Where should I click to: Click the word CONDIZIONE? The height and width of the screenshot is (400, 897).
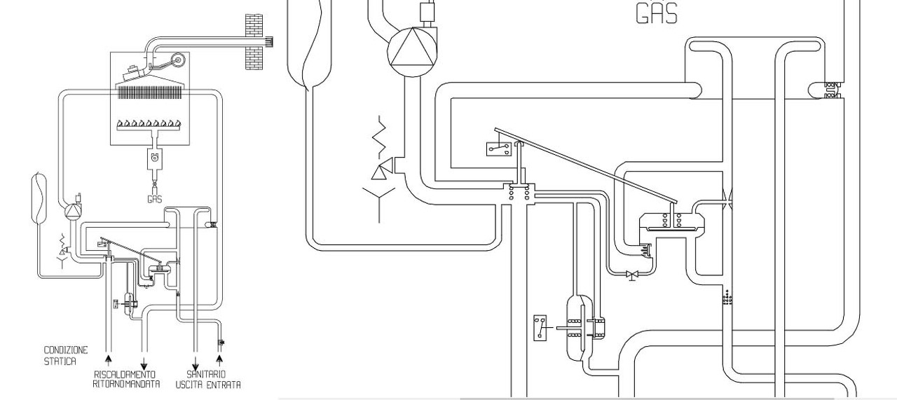pyautogui.click(x=66, y=350)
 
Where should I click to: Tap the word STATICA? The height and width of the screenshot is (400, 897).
pyautogui.click(x=60, y=361)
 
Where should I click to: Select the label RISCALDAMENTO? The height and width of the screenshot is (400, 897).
pyautogui.click(x=125, y=375)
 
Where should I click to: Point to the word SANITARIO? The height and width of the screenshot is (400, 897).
pyautogui.click(x=206, y=374)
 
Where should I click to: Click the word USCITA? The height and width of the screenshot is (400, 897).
pyautogui.click(x=189, y=385)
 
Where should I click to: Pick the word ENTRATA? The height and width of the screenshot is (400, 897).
pyautogui.click(x=224, y=385)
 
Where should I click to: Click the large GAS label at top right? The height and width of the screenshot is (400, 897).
pyautogui.click(x=657, y=13)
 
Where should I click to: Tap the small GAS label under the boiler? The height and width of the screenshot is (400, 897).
pyautogui.click(x=155, y=199)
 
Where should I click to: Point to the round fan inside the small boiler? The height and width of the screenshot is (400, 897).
pyautogui.click(x=178, y=60)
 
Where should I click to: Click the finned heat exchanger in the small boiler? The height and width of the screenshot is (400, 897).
pyautogui.click(x=150, y=93)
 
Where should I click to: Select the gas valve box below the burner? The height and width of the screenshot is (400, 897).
pyautogui.click(x=155, y=158)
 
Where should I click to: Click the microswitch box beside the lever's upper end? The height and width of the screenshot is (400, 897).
pyautogui.click(x=499, y=149)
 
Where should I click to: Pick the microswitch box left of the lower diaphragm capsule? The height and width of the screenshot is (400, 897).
pyautogui.click(x=540, y=328)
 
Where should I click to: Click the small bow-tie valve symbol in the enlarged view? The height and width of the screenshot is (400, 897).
pyautogui.click(x=632, y=275)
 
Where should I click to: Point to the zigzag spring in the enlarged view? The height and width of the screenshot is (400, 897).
pyautogui.click(x=380, y=136)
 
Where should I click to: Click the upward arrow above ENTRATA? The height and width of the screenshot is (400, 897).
pyautogui.click(x=219, y=360)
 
